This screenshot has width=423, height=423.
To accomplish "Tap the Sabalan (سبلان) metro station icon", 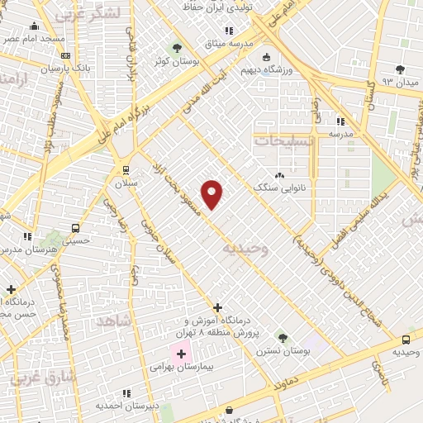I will click(126, 169).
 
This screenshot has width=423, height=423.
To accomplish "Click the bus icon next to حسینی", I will click(75, 228).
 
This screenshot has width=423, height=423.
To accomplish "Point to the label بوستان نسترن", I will click(282, 351).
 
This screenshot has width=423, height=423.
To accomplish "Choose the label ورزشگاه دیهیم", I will click(264, 71).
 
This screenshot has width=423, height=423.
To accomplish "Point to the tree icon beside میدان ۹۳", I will click(400, 69).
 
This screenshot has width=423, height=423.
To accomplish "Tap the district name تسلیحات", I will click(284, 141).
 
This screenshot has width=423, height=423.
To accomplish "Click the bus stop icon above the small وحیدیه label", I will click(406, 340).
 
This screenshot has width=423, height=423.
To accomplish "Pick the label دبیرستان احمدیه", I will click(125, 406).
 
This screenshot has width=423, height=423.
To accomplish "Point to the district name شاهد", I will click(114, 321).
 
